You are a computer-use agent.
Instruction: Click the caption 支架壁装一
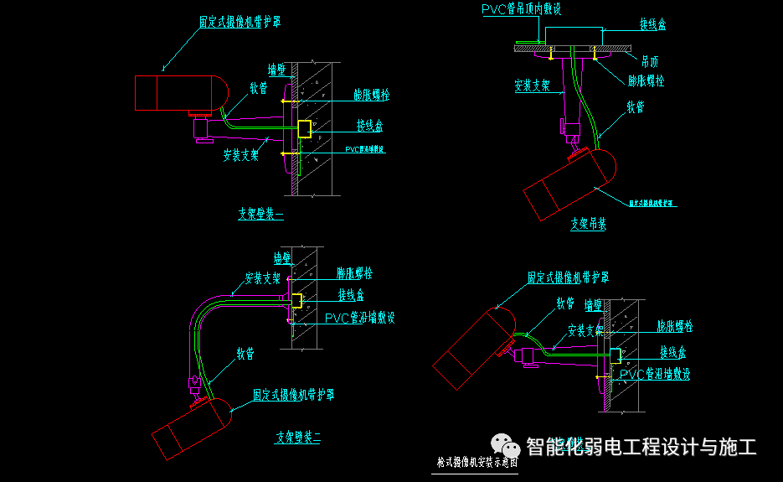coord(260,214)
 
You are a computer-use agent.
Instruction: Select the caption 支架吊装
coord(588,224)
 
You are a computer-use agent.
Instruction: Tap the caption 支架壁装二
coord(298,437)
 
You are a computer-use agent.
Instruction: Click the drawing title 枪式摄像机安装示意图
coord(477,462)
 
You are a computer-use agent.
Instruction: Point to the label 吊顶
coord(649,62)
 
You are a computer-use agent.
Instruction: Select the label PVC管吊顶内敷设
coord(520,9)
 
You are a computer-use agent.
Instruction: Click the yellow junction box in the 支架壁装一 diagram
coord(305,129)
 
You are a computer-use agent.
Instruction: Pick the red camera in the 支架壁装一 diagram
coord(179,93)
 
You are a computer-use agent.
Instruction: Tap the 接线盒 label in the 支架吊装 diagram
coord(652,25)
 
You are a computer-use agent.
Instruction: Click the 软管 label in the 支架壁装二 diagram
coord(245,353)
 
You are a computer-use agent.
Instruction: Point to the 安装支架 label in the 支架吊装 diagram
coord(532,86)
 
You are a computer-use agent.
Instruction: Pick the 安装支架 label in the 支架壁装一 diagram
coord(240,154)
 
